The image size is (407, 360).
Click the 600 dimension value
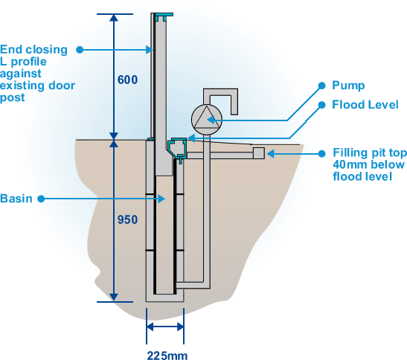pos(127,80)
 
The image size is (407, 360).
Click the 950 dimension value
pos(127,219)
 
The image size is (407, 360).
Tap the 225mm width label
pos(167,356)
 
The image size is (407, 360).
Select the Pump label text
pos(348,86)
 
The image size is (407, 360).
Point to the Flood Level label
pos(365,105)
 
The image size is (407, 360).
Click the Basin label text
pos(16,199)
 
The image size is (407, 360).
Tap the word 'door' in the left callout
pos(62,86)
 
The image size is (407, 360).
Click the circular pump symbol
pos(207,120)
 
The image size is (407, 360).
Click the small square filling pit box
pos(258,153)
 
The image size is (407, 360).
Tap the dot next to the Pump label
pos(321,86)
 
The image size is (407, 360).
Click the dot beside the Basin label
pos(41,199)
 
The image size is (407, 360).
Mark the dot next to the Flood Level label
pos(321,105)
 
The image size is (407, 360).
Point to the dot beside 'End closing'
pos(80,50)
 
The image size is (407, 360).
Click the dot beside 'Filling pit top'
pos(321,154)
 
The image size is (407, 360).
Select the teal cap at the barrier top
pos(164,16)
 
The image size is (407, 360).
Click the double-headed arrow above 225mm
pos(165,327)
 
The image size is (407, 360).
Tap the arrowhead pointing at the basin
pos(161,199)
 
